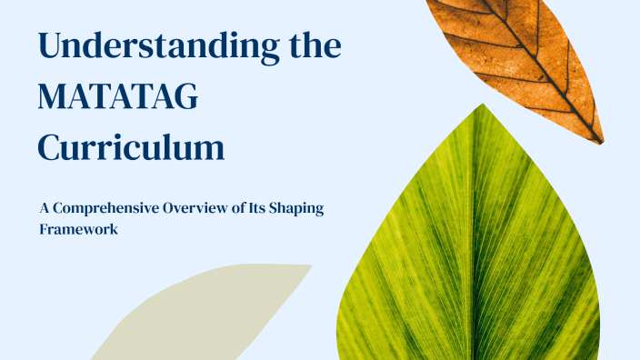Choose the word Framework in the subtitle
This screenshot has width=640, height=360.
click(x=79, y=230)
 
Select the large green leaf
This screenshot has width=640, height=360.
click(x=473, y=255)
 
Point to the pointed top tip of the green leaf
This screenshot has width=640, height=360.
click(x=481, y=105)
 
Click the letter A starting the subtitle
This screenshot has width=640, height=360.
click(x=45, y=208)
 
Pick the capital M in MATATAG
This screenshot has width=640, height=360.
click(x=55, y=96)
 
